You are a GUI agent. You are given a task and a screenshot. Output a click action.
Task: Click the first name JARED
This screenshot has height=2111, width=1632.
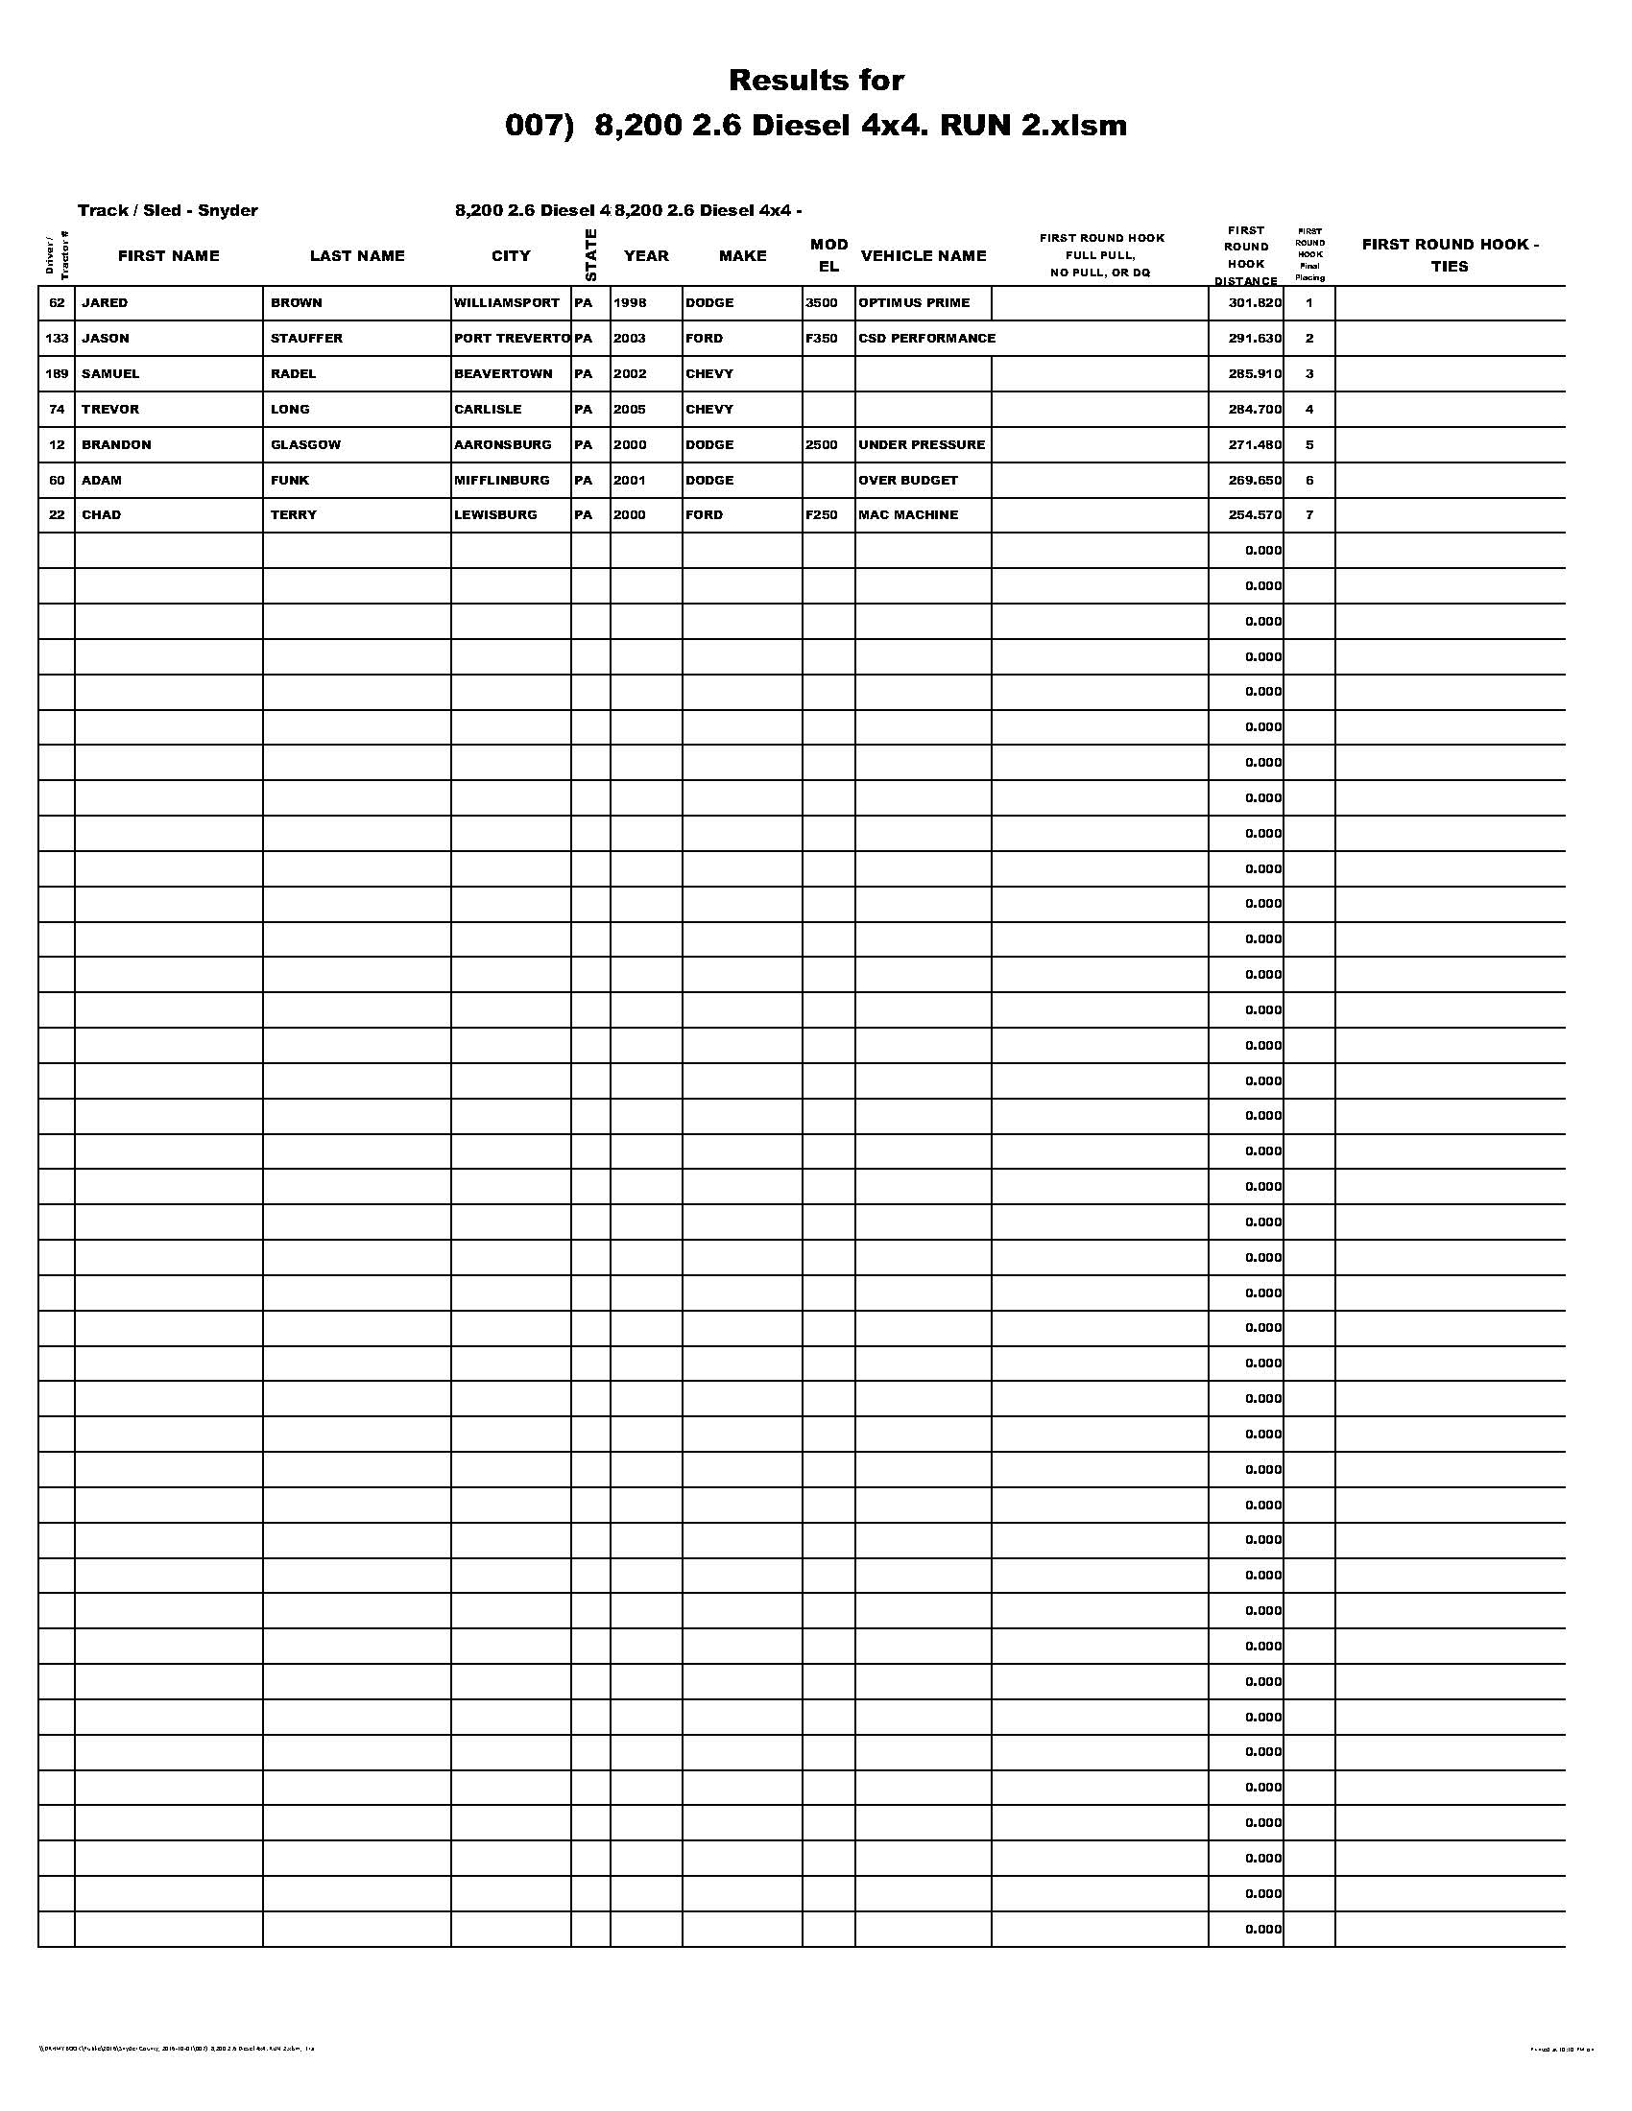coord(105,302)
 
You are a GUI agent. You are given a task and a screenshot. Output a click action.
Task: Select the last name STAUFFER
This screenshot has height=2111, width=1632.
coord(306,339)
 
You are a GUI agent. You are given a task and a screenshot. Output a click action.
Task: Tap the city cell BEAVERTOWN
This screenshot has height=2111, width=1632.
coord(504,374)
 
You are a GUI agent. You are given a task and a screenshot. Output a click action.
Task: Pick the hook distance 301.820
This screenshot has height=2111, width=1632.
coord(1255,302)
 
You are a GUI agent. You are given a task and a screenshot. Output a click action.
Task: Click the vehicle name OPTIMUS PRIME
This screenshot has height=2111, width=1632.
coord(914,302)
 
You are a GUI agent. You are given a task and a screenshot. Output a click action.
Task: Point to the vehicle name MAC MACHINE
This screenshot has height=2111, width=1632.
coord(908,515)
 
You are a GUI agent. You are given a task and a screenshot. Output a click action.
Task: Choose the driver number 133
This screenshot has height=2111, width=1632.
coord(57,339)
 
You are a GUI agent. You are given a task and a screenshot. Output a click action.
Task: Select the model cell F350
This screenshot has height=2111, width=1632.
coord(821,339)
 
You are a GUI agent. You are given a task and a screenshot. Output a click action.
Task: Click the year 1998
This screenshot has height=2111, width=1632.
coord(630,302)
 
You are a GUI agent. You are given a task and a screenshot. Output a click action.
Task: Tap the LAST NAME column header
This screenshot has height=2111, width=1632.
coord(357,256)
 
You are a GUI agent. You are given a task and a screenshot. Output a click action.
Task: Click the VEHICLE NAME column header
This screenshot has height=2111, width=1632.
coord(924,256)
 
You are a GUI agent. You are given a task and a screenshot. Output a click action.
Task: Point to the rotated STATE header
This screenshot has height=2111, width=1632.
coord(590,255)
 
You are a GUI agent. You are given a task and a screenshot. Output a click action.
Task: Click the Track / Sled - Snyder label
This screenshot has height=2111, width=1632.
coord(167,211)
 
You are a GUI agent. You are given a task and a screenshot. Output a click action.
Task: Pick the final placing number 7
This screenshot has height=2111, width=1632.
coord(1309,515)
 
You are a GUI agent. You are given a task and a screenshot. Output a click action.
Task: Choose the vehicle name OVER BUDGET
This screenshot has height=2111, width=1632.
coord(908,481)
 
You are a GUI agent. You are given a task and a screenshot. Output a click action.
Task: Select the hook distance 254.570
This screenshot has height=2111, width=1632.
coord(1255,515)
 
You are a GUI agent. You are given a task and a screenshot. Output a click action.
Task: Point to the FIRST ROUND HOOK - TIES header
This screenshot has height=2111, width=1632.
coord(1450,255)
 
